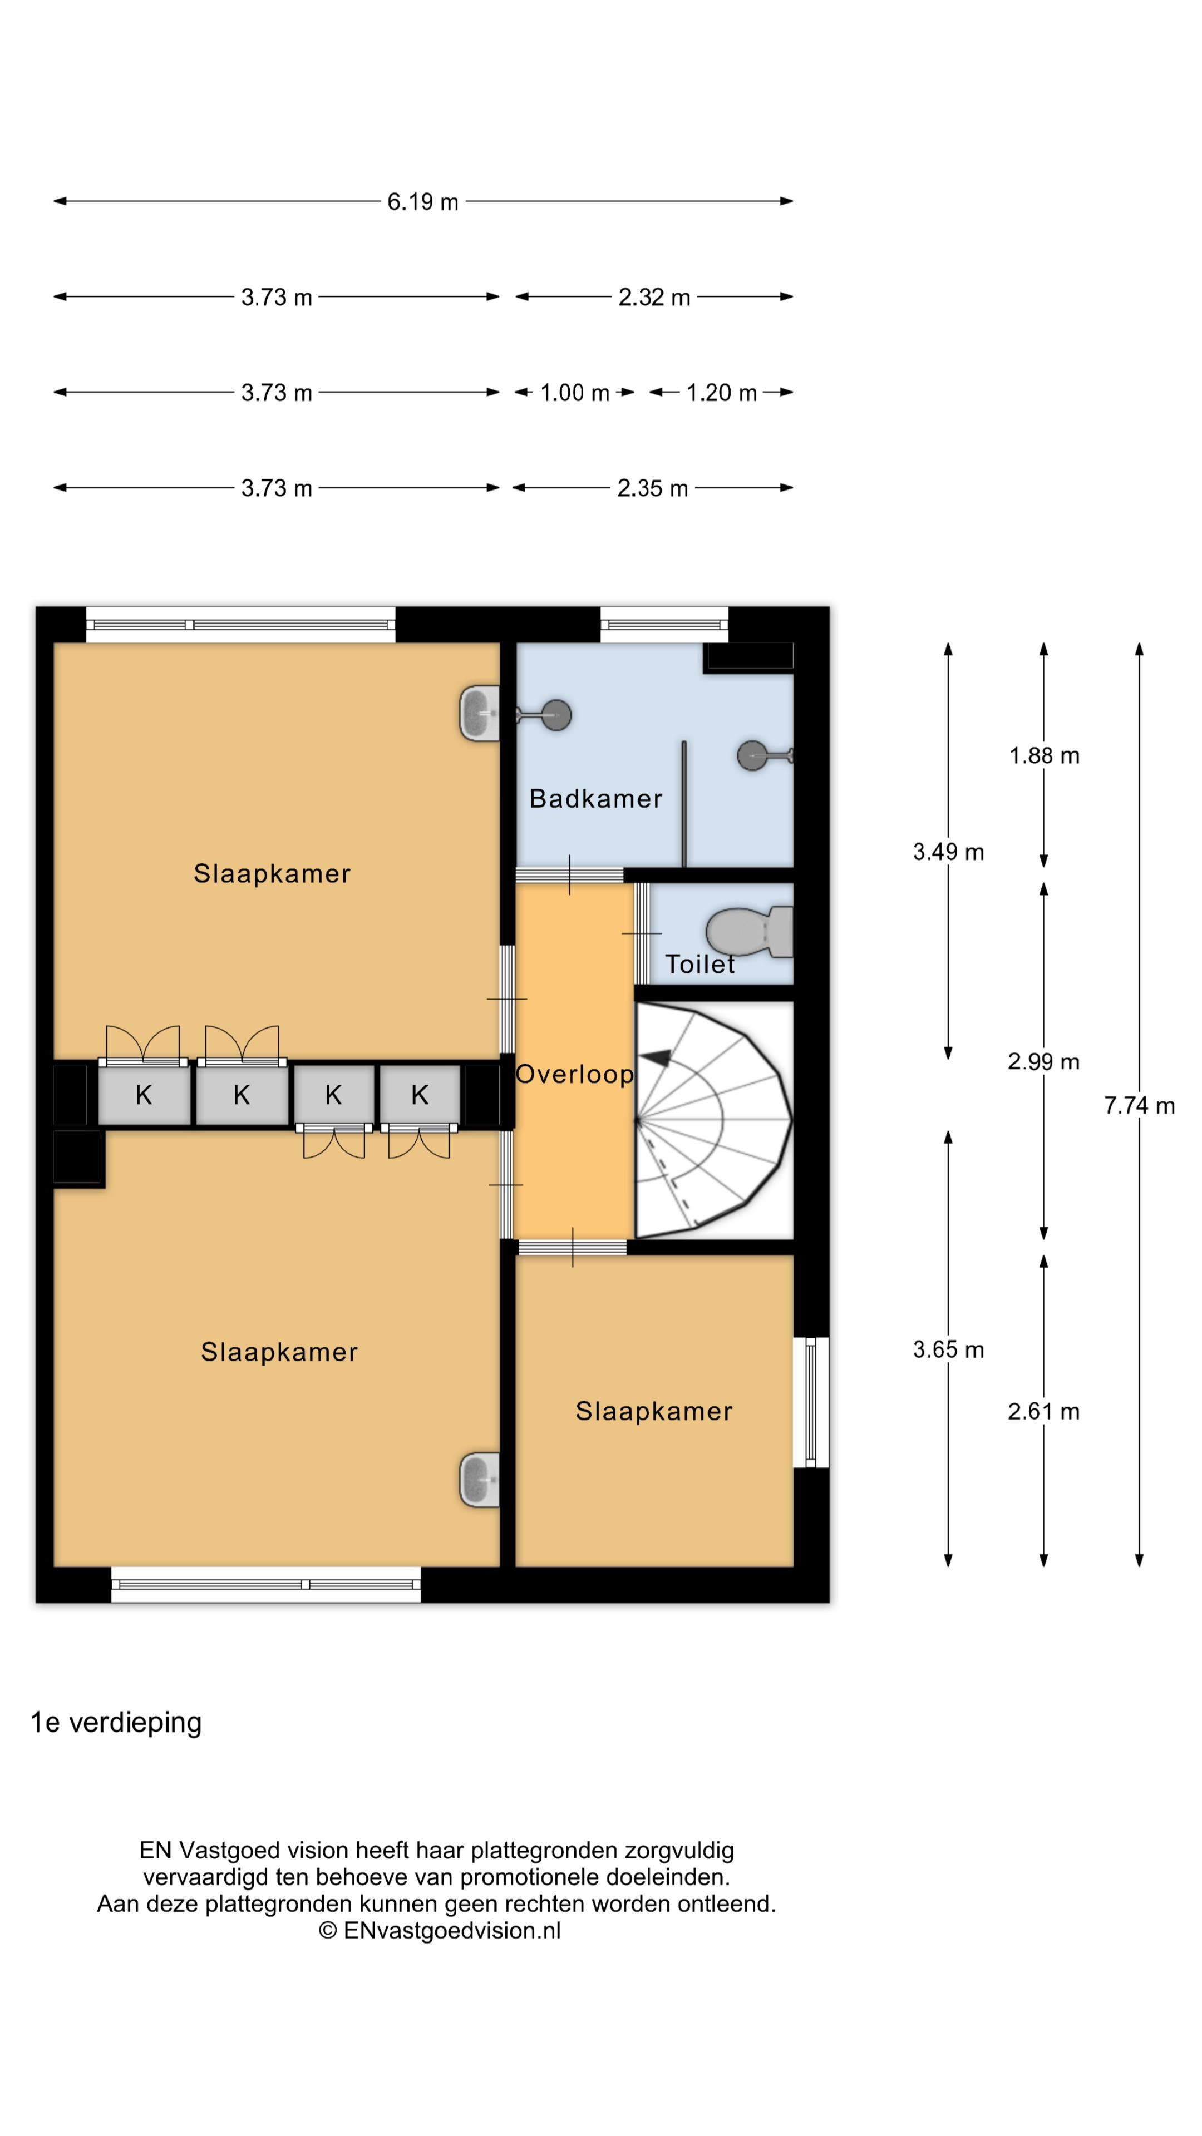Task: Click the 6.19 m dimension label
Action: (422, 201)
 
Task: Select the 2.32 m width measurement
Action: (654, 297)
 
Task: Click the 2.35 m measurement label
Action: (652, 488)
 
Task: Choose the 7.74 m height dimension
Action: (1139, 1105)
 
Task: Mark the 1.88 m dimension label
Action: (1043, 755)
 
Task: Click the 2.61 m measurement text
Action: (1043, 1411)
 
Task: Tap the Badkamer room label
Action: (595, 799)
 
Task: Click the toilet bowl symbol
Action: (749, 932)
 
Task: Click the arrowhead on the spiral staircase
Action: (658, 1057)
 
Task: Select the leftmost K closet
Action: (144, 1095)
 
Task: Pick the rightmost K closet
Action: (420, 1095)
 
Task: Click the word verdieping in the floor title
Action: (135, 1723)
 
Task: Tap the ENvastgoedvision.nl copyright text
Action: (440, 1930)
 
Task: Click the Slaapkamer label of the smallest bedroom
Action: (654, 1411)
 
